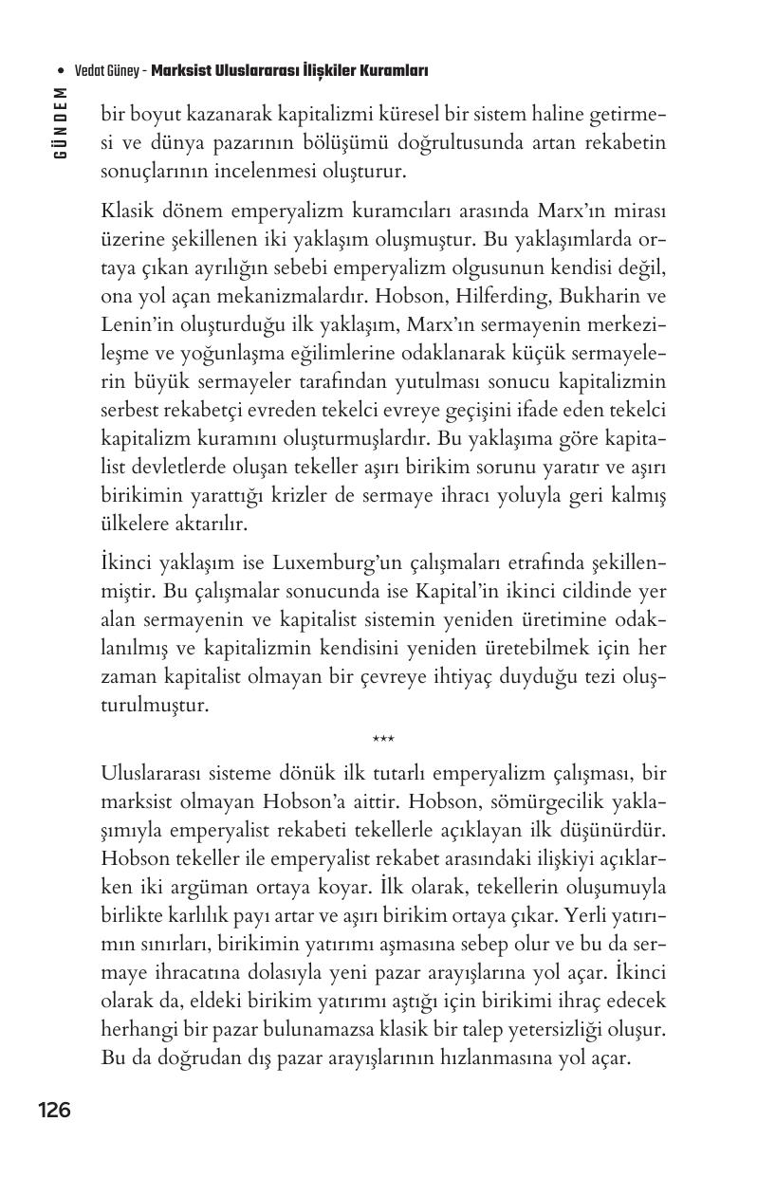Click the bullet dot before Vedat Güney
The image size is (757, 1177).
(60, 71)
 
